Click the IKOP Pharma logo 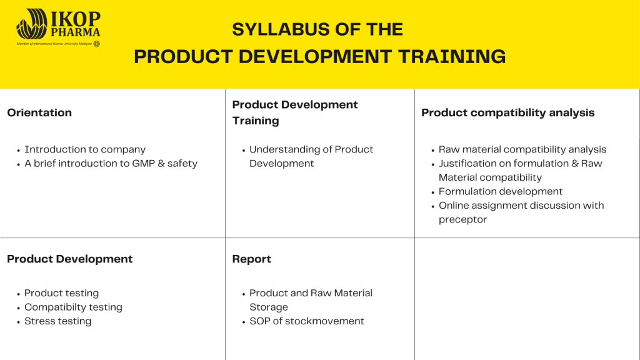pyautogui.click(x=58, y=27)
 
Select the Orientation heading pyautogui.click(x=39, y=112)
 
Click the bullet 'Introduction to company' pyautogui.click(x=85, y=149)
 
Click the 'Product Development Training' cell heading pyautogui.click(x=295, y=112)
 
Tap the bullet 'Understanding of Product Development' pyautogui.click(x=311, y=156)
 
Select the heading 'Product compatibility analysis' pyautogui.click(x=507, y=112)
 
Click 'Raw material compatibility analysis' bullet pyautogui.click(x=522, y=149)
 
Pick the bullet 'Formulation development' pyautogui.click(x=501, y=191)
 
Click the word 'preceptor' pyautogui.click(x=463, y=219)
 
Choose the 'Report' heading pyautogui.click(x=251, y=259)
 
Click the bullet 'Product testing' pyautogui.click(x=62, y=293)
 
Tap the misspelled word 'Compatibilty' pyautogui.click(x=52, y=307)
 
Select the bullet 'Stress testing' pyautogui.click(x=58, y=321)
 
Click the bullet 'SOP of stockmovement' pyautogui.click(x=306, y=321)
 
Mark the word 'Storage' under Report pyautogui.click(x=269, y=307)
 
